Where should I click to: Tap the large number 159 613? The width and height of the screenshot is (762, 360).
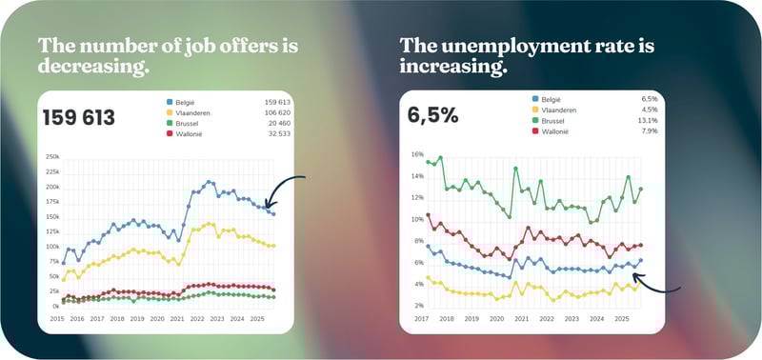[79, 118]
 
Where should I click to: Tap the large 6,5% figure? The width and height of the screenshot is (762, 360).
[432, 115]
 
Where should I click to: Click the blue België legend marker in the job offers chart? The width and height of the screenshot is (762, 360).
[170, 101]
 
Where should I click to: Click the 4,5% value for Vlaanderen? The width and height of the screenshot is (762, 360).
[648, 110]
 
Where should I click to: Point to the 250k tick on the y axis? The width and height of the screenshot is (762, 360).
[52, 156]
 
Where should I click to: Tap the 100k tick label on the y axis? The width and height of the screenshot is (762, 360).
[52, 247]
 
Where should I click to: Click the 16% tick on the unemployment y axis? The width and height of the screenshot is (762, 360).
[416, 153]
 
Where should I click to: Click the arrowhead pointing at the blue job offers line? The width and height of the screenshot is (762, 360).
[268, 203]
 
